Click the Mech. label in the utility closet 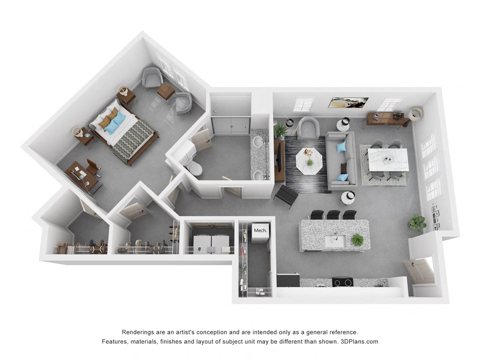(x=260, y=230)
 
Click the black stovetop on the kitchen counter (x=342, y=282)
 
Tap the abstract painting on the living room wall (x=349, y=103)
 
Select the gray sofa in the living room (x=341, y=160)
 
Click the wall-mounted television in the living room (x=280, y=157)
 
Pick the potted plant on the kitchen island (x=357, y=240)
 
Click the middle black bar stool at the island (x=333, y=215)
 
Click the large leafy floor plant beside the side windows (x=416, y=223)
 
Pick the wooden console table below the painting (x=385, y=119)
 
